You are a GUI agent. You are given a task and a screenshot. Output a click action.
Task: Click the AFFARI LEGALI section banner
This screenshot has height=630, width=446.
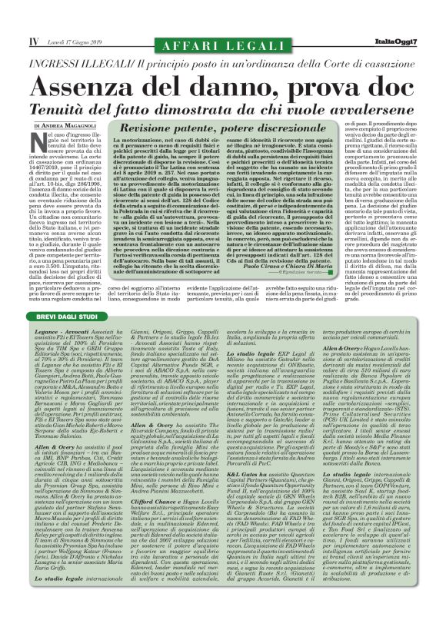pyautogui.click(x=223, y=28)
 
